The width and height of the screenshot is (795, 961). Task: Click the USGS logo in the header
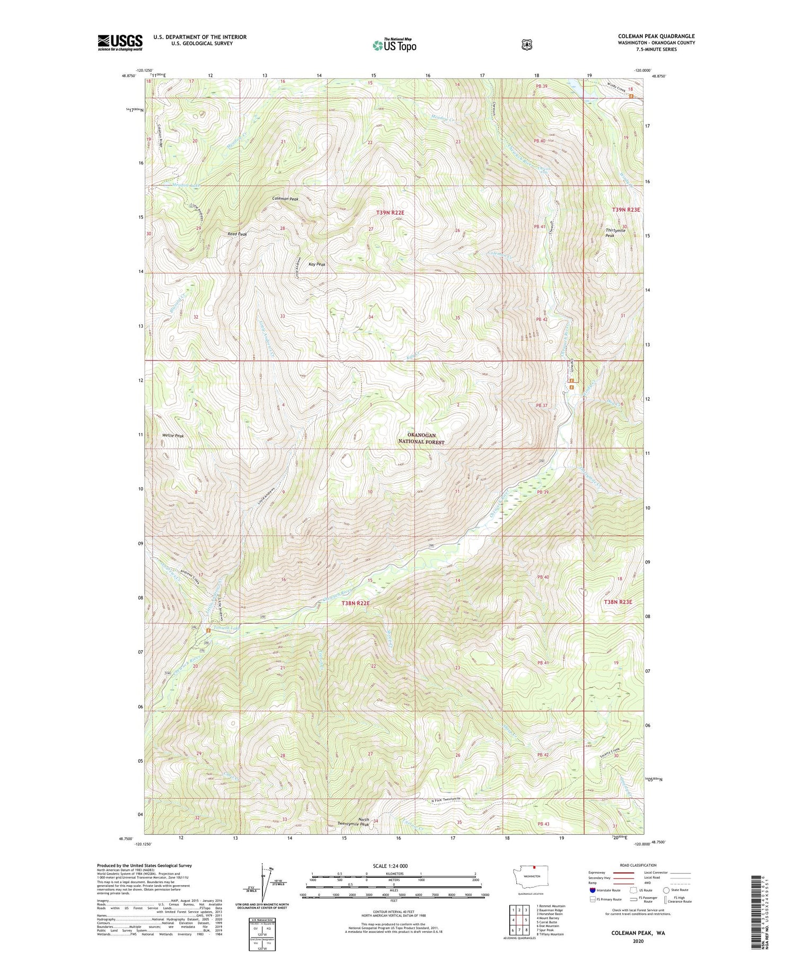[x=120, y=42]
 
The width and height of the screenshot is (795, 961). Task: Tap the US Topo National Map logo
[x=394, y=45]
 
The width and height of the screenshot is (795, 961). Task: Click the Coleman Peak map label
[x=285, y=199]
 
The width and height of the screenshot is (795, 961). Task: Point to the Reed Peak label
[x=237, y=234]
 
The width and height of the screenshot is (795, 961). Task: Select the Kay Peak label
[x=316, y=264]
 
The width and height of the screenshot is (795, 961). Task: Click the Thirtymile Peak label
[x=615, y=233]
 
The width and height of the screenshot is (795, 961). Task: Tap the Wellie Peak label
[x=173, y=436]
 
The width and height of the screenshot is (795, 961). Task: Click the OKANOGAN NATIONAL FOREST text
[x=422, y=438]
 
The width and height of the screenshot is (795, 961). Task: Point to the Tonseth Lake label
[x=226, y=629]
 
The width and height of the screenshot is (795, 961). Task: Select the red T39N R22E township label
[x=390, y=213]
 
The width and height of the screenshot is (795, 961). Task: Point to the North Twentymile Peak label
[x=355, y=822]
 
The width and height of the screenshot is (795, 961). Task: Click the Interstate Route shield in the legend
[x=592, y=890]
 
